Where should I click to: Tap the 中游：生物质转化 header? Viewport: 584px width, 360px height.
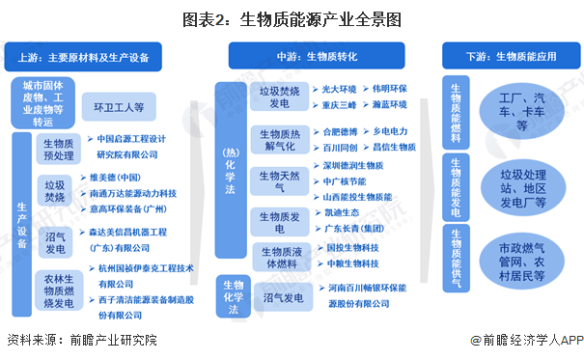306,57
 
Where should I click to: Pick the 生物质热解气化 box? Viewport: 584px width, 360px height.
279,139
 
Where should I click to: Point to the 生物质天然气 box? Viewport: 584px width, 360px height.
279,179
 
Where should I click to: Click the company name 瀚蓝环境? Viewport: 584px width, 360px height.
390,104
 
